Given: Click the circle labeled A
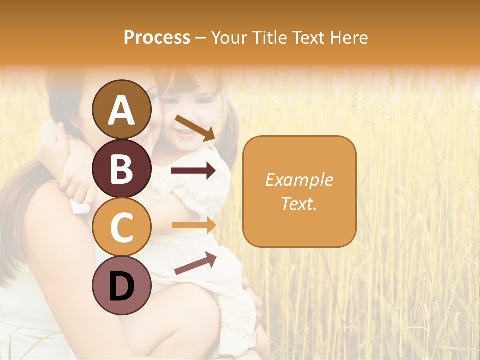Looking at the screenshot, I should [122, 109].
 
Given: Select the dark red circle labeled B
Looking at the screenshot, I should [122, 168].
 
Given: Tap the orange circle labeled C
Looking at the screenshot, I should [122, 227].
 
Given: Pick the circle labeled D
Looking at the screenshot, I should [122, 286].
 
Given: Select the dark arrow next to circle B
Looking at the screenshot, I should [193, 171].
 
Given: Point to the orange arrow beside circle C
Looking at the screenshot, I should [193, 225].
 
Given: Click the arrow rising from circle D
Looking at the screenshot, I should [195, 263].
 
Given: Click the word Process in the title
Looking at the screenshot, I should [157, 37].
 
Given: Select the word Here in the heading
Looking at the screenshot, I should [350, 37].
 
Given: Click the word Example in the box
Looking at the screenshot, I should [299, 180].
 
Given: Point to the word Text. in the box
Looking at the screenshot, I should [299, 203].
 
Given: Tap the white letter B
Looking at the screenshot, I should [122, 168].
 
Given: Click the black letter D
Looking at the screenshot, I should [122, 286].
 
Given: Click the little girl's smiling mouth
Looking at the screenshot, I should [184, 134].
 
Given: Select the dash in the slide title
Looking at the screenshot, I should [200, 38].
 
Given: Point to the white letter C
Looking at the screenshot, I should [122, 227].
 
